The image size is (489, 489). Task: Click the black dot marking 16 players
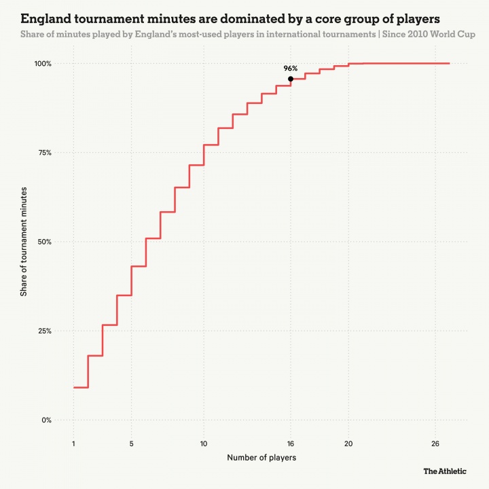click(291, 79)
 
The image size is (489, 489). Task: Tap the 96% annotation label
click(291, 69)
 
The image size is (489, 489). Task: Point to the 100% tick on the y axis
click(43, 63)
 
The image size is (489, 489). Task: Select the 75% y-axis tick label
click(44, 153)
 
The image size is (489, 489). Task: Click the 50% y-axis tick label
click(44, 242)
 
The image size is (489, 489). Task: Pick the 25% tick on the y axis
click(44, 331)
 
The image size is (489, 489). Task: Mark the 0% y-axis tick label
click(46, 420)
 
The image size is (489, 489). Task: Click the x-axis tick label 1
click(73, 443)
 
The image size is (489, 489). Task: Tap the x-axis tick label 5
click(132, 443)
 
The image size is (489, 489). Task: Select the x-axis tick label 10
click(204, 443)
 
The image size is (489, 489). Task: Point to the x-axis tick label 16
click(291, 443)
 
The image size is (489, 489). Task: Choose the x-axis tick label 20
click(348, 443)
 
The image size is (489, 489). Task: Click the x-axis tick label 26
click(435, 443)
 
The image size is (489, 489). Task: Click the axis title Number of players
click(261, 458)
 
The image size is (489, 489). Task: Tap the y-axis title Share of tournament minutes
click(24, 242)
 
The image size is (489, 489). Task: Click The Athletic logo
click(445, 471)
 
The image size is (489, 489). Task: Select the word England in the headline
click(45, 17)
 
